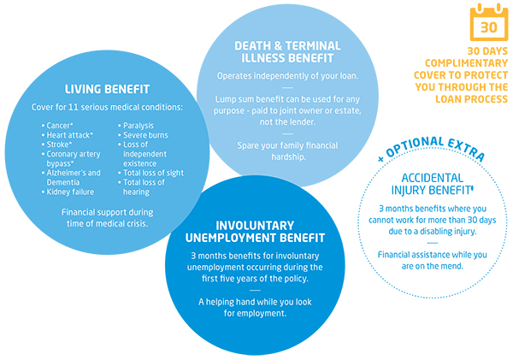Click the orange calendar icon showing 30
tap(488, 26)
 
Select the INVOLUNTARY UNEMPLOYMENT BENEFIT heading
tap(257, 231)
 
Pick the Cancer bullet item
tap(61, 126)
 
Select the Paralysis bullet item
tap(138, 126)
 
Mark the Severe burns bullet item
tap(144, 135)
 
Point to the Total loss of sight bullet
tap(153, 173)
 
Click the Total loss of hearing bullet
tap(144, 186)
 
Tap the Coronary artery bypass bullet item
tap(74, 158)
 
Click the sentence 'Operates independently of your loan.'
tap(286, 75)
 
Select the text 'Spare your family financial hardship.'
tap(286, 150)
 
